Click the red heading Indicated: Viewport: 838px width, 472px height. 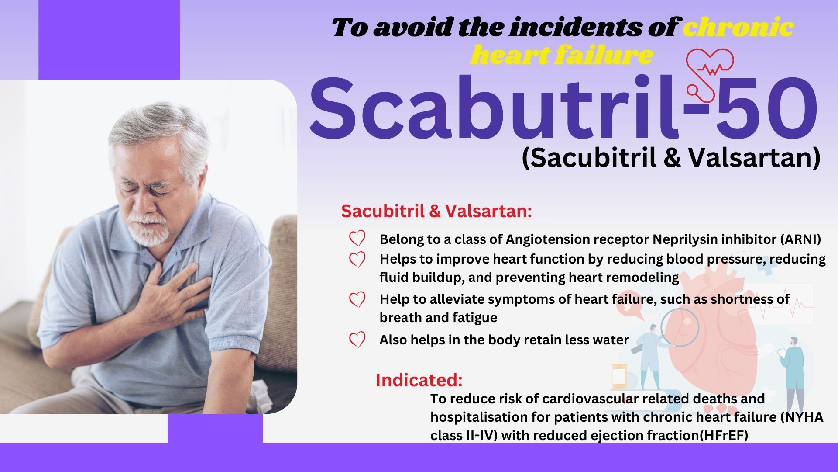tap(419, 380)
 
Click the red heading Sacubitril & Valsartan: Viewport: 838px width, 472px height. tap(436, 211)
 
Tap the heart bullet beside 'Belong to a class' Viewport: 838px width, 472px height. tap(357, 239)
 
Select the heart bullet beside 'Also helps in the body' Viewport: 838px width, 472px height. tap(357, 340)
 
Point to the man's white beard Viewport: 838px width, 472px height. tap(151, 232)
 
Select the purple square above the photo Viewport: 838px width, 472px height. tap(109, 39)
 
